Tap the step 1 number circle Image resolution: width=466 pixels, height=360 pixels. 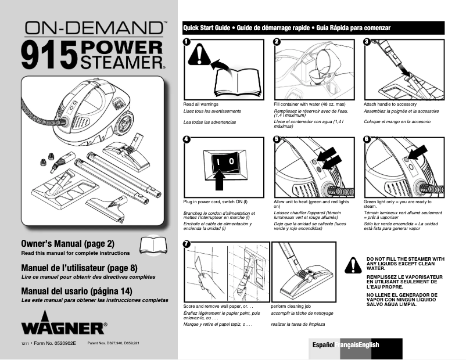click(x=187, y=42)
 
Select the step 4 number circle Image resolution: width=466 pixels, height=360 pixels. click(x=187, y=139)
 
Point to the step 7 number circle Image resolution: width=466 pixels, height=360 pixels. click(x=187, y=244)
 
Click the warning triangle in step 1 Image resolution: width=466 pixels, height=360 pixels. click(x=200, y=59)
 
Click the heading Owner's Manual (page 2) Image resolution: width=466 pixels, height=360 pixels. click(x=67, y=243)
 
